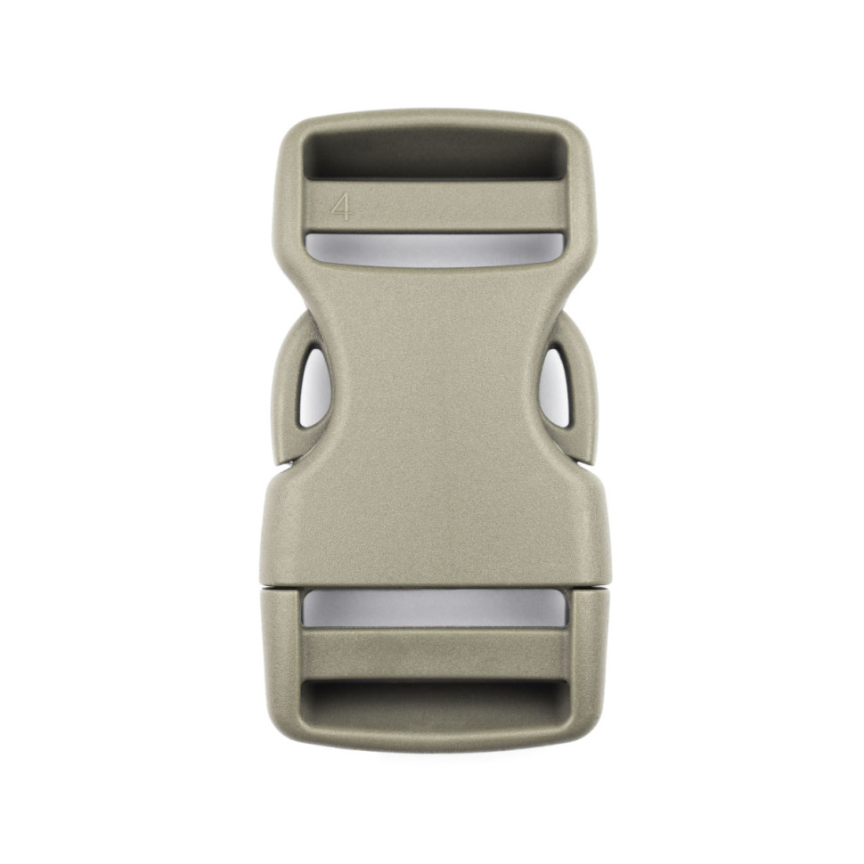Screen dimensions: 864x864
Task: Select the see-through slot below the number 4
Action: pyautogui.click(x=436, y=249)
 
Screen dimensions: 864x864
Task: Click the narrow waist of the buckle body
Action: pyautogui.click(x=436, y=386)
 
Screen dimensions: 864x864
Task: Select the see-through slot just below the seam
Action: pyautogui.click(x=434, y=607)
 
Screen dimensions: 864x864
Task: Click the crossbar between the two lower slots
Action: pyautogui.click(x=434, y=654)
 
